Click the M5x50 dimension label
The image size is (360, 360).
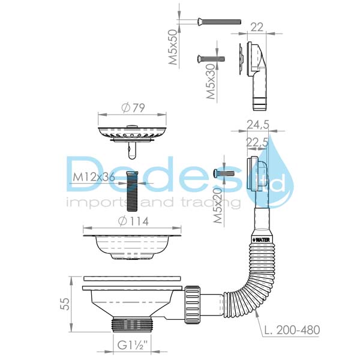[x=173, y=47]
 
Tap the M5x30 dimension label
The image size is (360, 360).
[x=211, y=82]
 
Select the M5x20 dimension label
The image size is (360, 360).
[x=218, y=205]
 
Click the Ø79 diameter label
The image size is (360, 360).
[x=133, y=108]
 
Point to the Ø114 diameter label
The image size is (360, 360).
[x=133, y=221]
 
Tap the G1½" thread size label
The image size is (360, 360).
[x=133, y=345]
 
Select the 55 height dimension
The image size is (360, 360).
[x=65, y=304]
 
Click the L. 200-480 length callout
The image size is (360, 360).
[x=292, y=330]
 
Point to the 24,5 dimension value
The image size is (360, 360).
[x=258, y=125]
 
